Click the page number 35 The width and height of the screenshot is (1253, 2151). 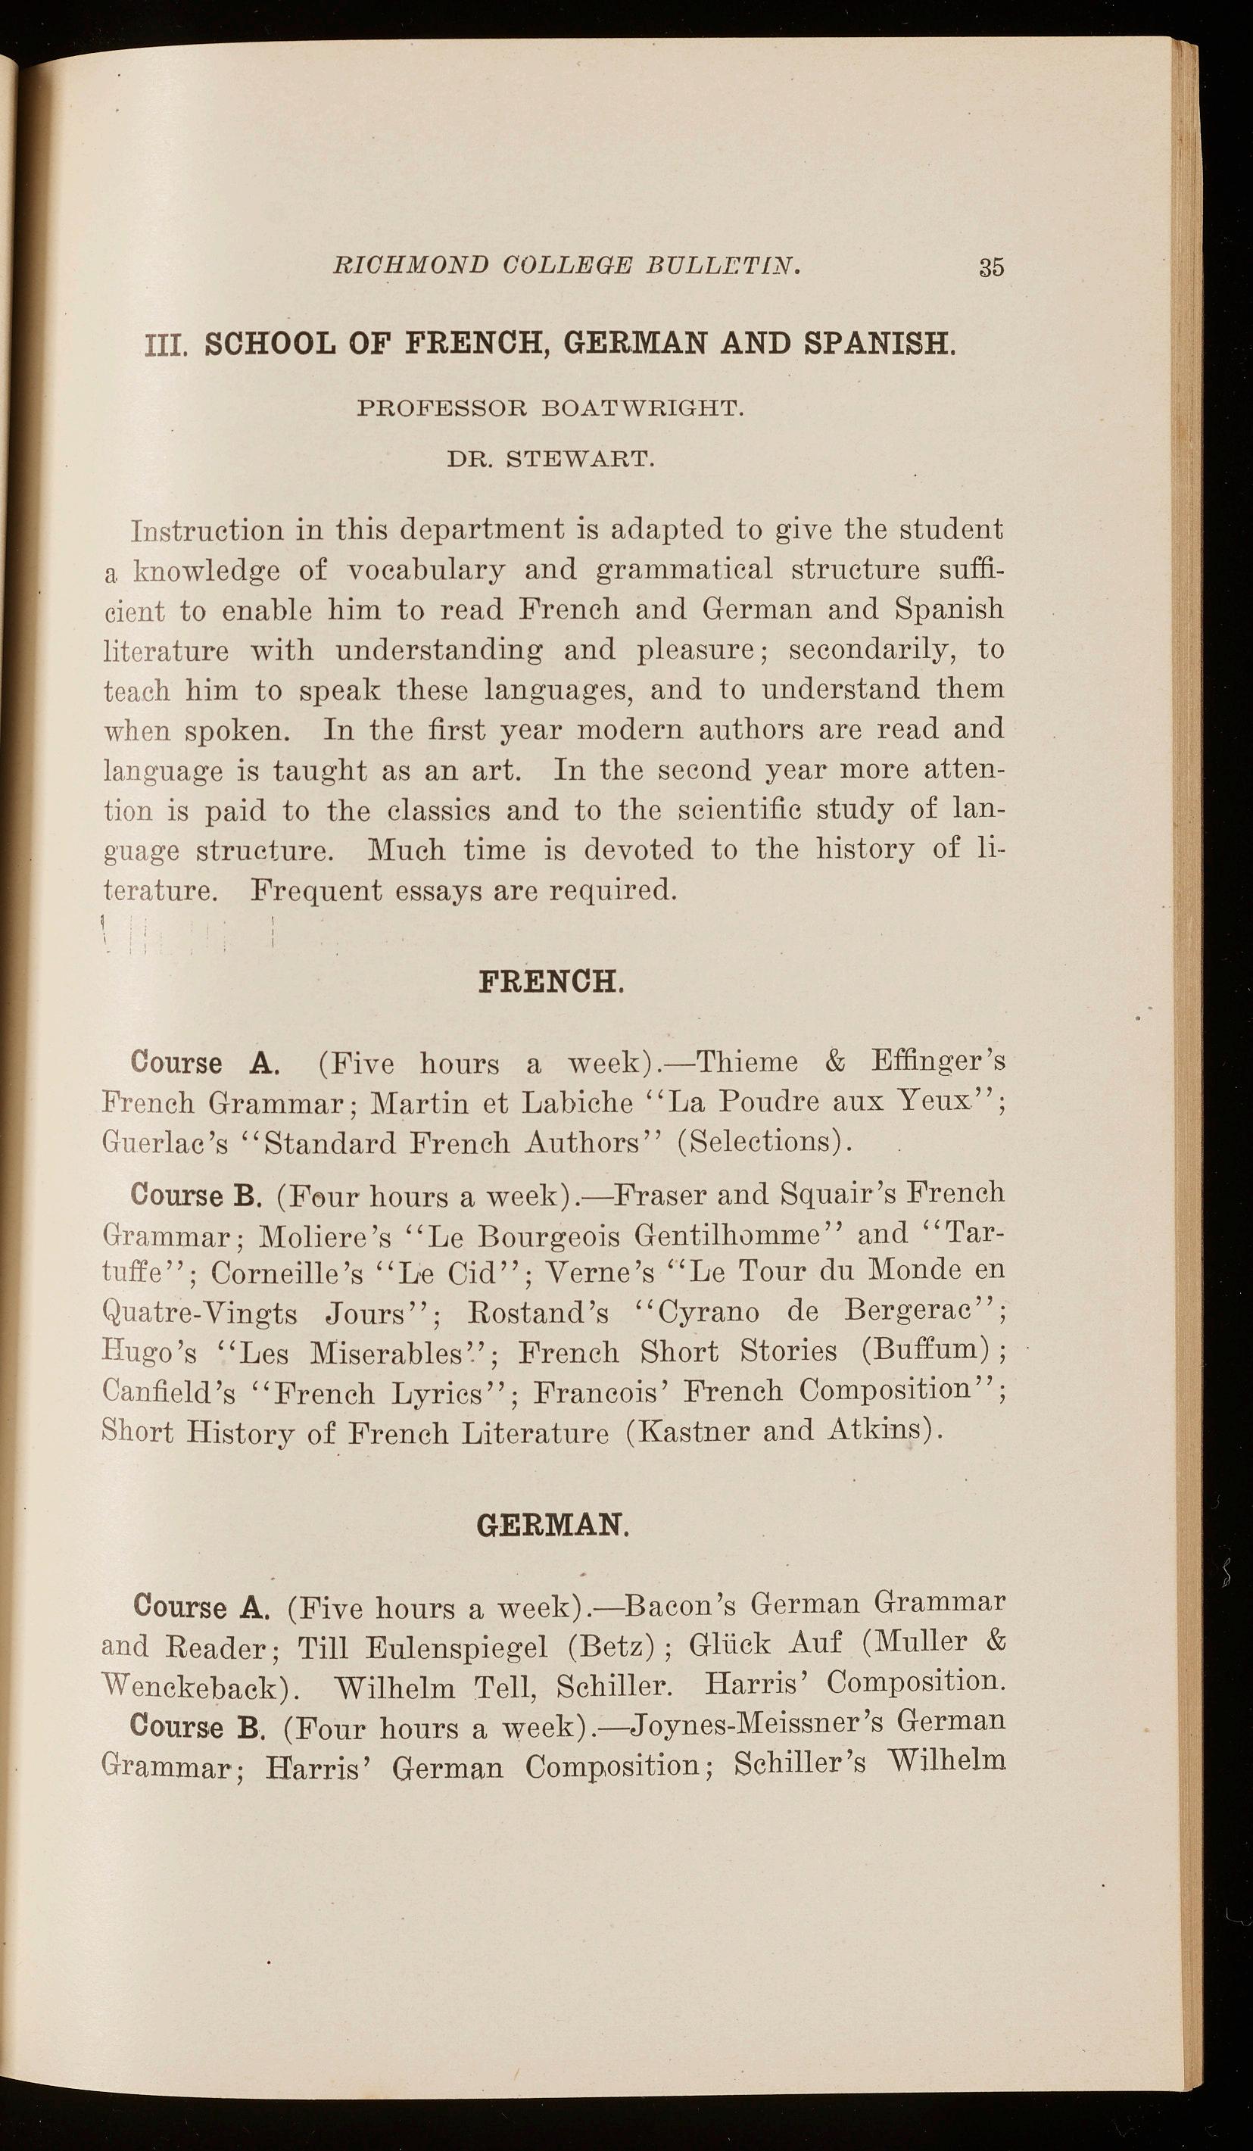coord(991,267)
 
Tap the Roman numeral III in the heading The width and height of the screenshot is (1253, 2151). coord(166,346)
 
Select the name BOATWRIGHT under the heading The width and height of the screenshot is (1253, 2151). coord(643,408)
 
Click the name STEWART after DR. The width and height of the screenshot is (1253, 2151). coord(581,460)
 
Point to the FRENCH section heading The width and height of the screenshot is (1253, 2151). coord(550,983)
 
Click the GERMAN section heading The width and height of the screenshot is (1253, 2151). coord(552,1526)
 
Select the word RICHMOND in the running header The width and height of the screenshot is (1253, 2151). coord(410,266)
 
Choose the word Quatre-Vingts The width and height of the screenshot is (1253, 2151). coord(199,1314)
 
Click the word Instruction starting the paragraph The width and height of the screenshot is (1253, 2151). coord(207,531)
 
